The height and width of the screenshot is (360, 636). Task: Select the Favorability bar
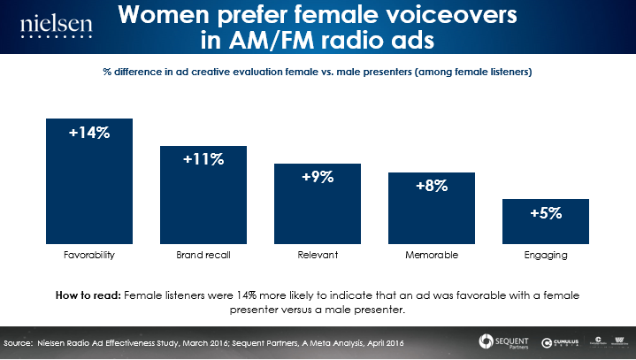(x=89, y=190)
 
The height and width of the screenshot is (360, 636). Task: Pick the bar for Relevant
(x=318, y=208)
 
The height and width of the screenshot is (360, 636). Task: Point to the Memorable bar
(x=432, y=212)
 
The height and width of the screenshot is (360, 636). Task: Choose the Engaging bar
(x=546, y=226)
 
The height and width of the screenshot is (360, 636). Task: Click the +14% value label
(x=89, y=134)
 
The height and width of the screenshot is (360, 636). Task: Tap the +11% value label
(x=203, y=159)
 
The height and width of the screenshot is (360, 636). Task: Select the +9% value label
(x=318, y=177)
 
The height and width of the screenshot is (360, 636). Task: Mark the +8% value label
(x=432, y=186)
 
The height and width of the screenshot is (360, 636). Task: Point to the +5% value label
(x=546, y=213)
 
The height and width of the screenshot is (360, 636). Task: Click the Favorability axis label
(x=89, y=255)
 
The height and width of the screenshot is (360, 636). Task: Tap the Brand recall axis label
(x=203, y=255)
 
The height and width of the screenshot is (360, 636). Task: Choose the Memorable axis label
(x=432, y=255)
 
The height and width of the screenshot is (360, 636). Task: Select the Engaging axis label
(x=546, y=255)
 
